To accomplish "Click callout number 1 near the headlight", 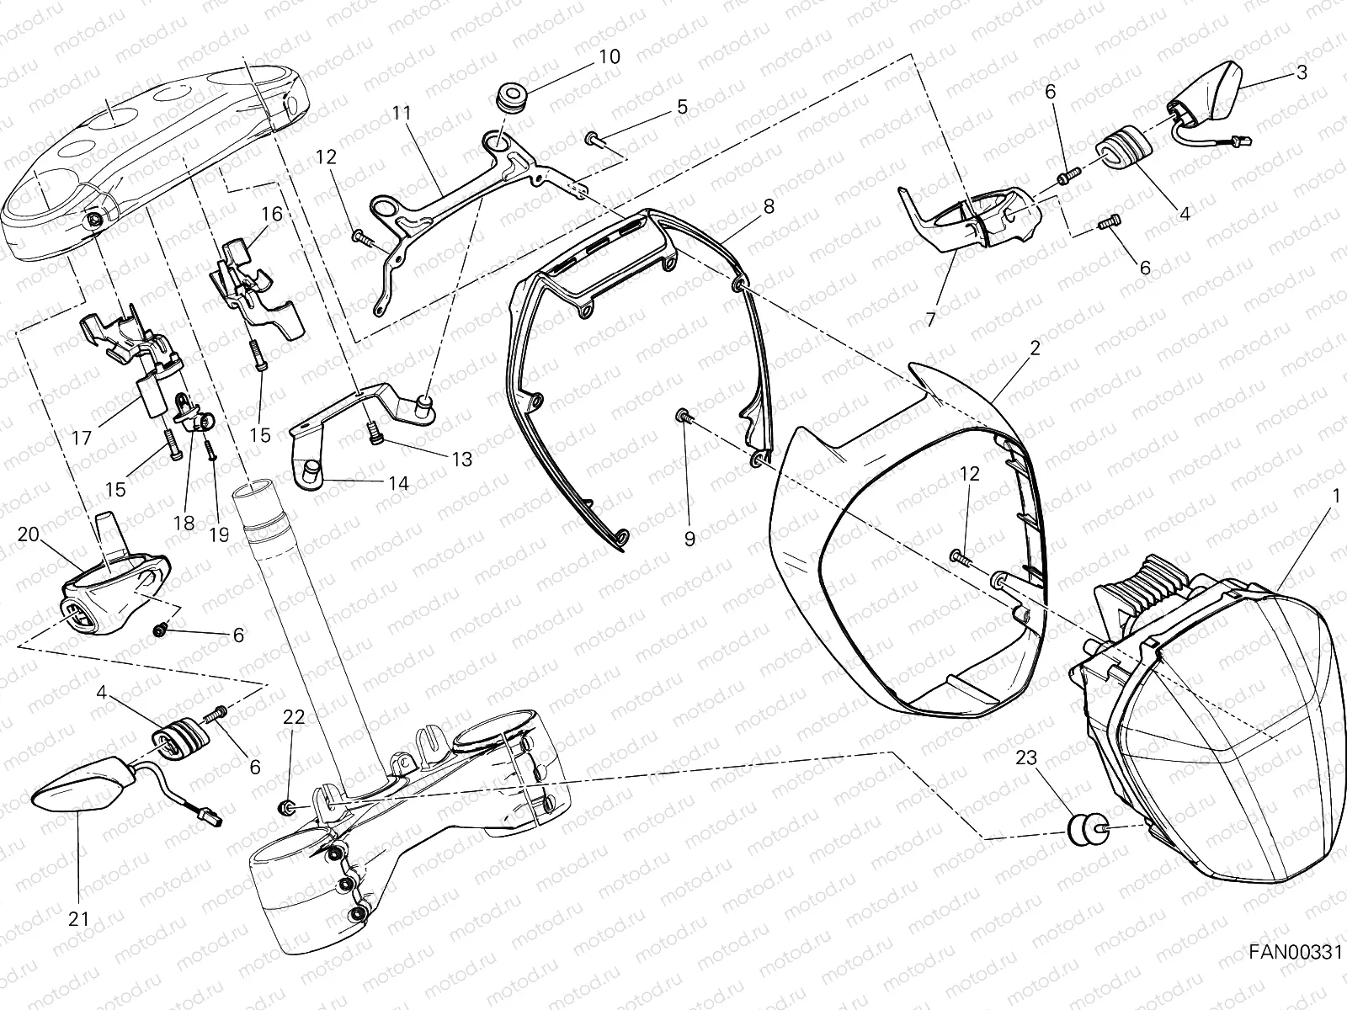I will pyautogui.click(x=1335, y=497).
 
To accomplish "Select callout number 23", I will pyautogui.click(x=1027, y=757).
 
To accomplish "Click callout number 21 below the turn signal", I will pyautogui.click(x=78, y=919).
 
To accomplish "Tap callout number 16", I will pyautogui.click(x=271, y=214).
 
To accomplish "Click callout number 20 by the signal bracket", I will pyautogui.click(x=28, y=535).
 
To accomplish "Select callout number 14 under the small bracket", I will pyautogui.click(x=398, y=483).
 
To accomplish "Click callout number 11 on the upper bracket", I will pyautogui.click(x=401, y=111).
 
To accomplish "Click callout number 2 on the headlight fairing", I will pyautogui.click(x=1035, y=347).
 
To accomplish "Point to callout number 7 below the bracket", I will pyautogui.click(x=930, y=319).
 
